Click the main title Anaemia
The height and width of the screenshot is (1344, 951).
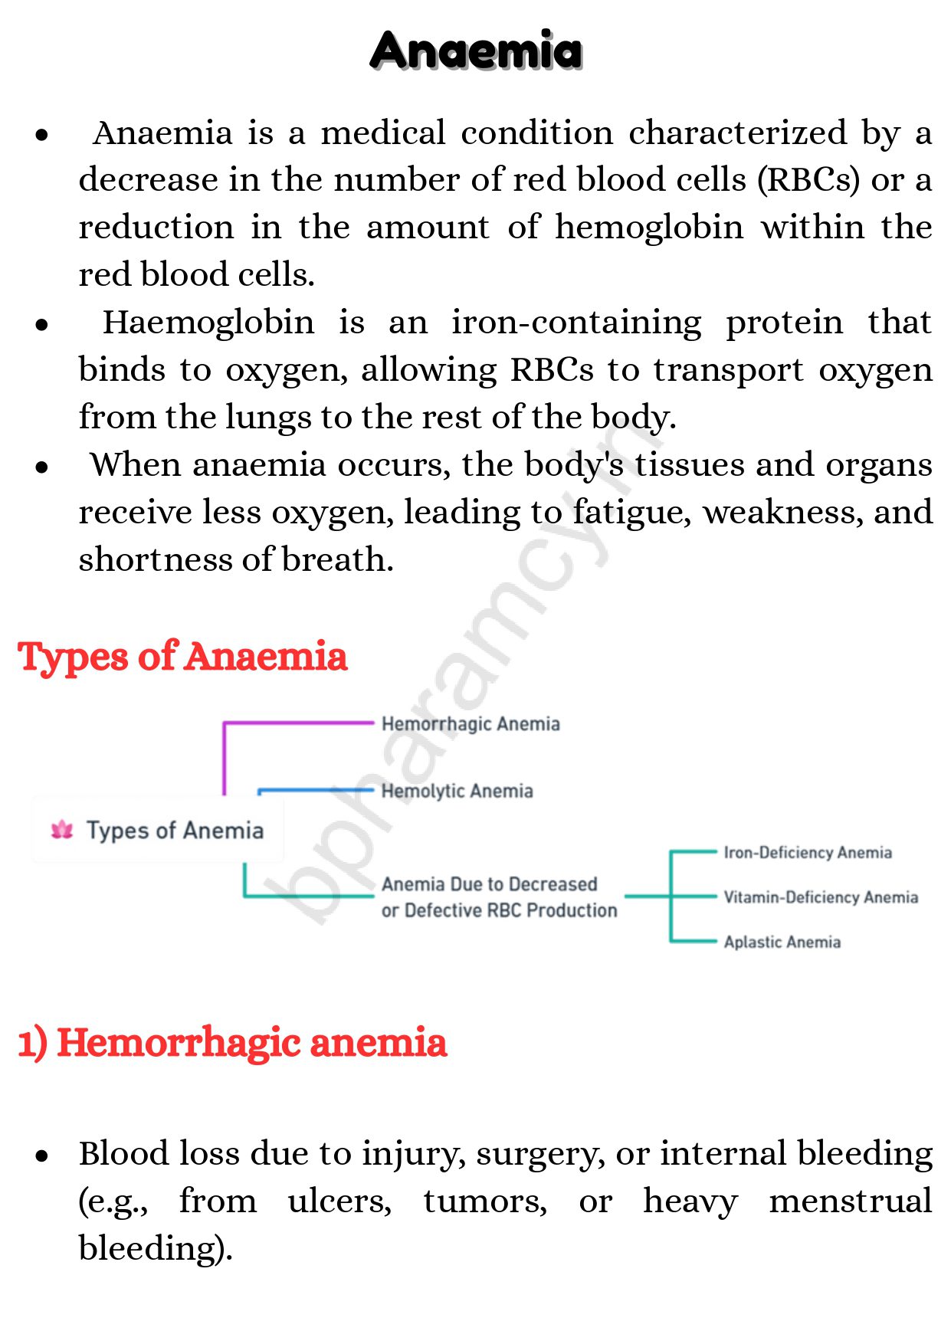[476, 51]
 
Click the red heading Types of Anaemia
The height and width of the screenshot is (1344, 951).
[182, 657]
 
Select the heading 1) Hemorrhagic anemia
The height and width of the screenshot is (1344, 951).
[232, 1043]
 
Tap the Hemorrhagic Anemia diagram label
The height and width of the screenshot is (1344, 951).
[471, 724]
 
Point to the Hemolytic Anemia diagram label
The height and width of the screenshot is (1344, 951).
[457, 791]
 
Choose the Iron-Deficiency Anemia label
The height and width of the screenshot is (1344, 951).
[808, 853]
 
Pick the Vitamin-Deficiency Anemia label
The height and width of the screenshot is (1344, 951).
[821, 897]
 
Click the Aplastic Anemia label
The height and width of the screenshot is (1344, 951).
[782, 942]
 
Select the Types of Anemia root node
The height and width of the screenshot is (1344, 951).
[175, 831]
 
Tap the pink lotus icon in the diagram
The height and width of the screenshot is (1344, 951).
[62, 830]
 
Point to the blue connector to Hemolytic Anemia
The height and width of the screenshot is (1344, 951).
[314, 790]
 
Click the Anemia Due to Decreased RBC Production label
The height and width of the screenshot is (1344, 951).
[499, 897]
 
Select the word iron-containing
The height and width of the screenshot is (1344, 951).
[576, 323]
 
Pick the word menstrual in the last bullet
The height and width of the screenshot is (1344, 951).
[850, 1201]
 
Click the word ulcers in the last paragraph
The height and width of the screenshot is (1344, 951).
[339, 1201]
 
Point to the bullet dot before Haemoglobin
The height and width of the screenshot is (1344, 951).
[42, 325]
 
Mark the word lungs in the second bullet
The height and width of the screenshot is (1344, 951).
[268, 418]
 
